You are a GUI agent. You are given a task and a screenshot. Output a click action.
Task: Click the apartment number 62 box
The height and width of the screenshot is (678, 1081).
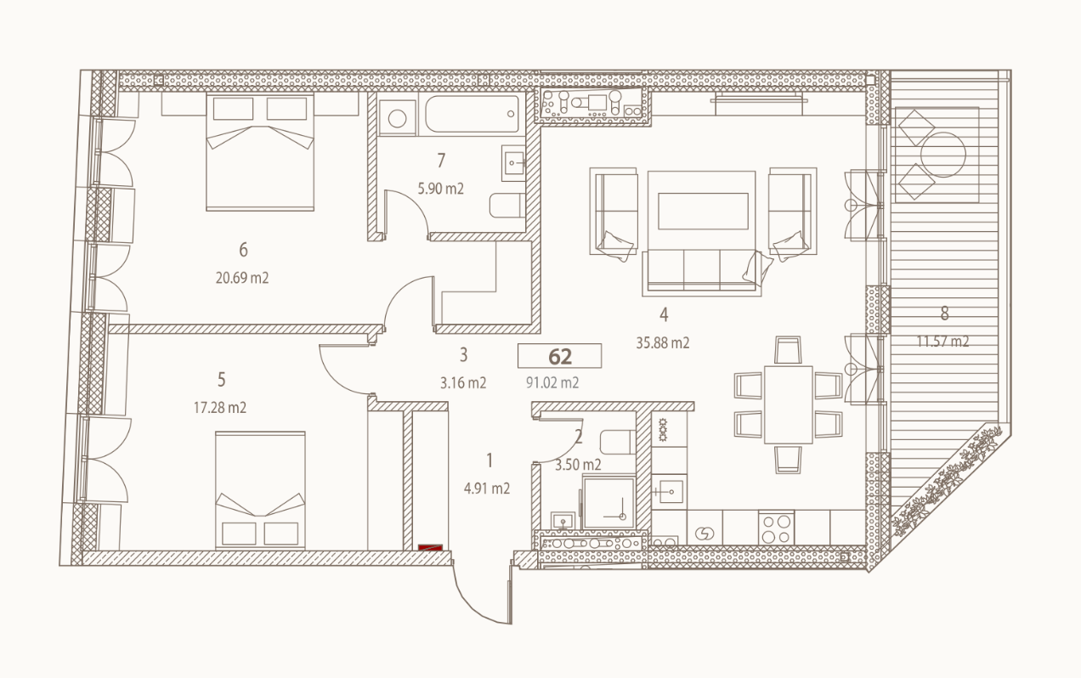559,356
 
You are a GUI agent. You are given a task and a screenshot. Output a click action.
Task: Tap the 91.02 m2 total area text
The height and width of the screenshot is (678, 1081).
552,382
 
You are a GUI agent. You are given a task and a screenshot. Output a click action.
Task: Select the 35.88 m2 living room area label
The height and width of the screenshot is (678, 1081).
663,343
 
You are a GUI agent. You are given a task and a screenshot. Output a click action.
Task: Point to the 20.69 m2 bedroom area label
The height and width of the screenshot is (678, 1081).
241,278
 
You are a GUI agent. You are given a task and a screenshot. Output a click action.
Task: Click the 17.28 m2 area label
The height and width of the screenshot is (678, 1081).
220,408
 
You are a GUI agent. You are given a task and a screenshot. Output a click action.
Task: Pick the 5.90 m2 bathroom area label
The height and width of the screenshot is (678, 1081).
440,189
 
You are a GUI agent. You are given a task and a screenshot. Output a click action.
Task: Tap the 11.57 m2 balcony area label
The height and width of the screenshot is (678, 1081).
942,342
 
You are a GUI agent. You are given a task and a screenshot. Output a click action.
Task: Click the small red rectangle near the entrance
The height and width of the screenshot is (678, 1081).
431,547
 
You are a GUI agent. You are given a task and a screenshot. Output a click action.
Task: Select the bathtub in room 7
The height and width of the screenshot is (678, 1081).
472,114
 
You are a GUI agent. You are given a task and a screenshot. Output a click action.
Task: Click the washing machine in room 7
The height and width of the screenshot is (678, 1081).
397,118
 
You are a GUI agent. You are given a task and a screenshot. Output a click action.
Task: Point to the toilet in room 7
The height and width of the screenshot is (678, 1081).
507,206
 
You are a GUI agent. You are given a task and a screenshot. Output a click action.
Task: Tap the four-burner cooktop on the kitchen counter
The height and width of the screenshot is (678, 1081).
776,528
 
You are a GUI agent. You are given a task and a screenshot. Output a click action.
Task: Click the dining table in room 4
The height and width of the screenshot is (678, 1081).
789,404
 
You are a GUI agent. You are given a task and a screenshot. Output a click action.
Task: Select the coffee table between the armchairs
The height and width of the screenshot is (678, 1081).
703,211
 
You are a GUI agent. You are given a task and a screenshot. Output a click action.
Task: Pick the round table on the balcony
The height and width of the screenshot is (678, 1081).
943,155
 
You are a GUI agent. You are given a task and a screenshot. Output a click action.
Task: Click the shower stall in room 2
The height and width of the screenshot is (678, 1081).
608,502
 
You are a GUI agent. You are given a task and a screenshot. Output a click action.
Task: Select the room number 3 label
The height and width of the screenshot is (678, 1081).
463,354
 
